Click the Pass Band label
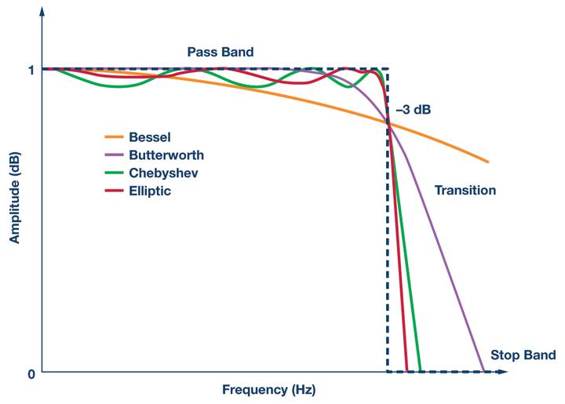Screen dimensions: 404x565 [221, 53]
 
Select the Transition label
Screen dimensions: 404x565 [465, 190]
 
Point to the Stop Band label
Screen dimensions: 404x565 [523, 354]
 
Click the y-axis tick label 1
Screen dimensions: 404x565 [31, 70]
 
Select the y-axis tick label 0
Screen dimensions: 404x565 [31, 373]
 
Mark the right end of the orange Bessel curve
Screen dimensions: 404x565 [488, 162]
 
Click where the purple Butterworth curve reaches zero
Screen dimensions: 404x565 [482, 370]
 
